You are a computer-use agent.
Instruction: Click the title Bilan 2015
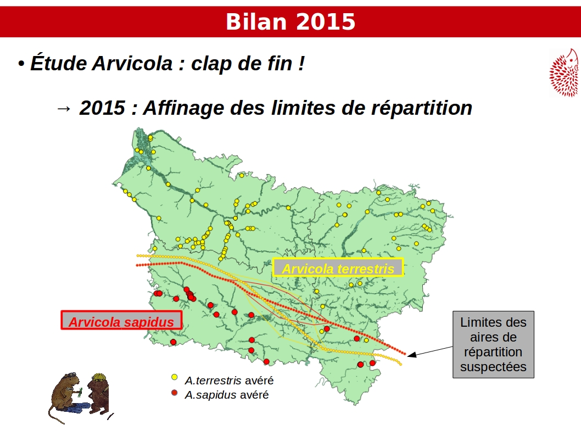pos(290,22)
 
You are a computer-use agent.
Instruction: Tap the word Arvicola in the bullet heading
pos(132,63)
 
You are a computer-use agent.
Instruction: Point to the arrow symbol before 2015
pos(63,109)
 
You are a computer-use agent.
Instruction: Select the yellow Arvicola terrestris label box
pos(338,267)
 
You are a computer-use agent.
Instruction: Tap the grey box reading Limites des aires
pos(493,344)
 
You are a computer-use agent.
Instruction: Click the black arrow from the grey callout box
pos(430,351)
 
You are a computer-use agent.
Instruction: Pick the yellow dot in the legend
pos(174,377)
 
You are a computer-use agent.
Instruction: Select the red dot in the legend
pos(174,392)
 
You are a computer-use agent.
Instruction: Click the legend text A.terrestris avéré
pos(230,381)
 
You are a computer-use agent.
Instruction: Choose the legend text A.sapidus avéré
pos(227,395)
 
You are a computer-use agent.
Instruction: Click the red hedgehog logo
pos(564,73)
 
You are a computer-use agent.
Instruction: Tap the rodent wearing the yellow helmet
pos(98,393)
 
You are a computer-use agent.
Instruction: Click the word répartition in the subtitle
pos(422,108)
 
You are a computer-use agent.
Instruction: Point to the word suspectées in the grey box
pos(493,367)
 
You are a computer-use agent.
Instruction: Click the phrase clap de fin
pos(242,63)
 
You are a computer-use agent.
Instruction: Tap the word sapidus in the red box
pos(149,322)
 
